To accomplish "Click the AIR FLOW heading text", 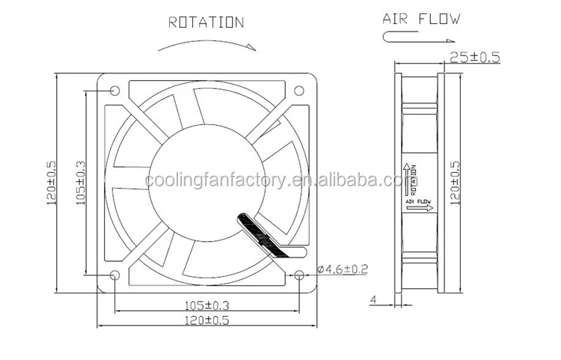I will pyautogui.click(x=422, y=18).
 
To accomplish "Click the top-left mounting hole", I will pyautogui.click(x=114, y=91).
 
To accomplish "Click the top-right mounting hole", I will pyautogui.click(x=299, y=91).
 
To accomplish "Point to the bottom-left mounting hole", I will pyautogui.click(x=114, y=275).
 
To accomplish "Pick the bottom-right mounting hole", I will pyautogui.click(x=299, y=275).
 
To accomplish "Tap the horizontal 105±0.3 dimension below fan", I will pyautogui.click(x=206, y=304).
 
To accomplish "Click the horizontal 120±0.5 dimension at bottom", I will pyautogui.click(x=206, y=321).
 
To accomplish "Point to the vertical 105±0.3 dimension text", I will pyautogui.click(x=80, y=183).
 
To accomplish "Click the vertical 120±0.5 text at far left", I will pyautogui.click(x=51, y=183).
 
